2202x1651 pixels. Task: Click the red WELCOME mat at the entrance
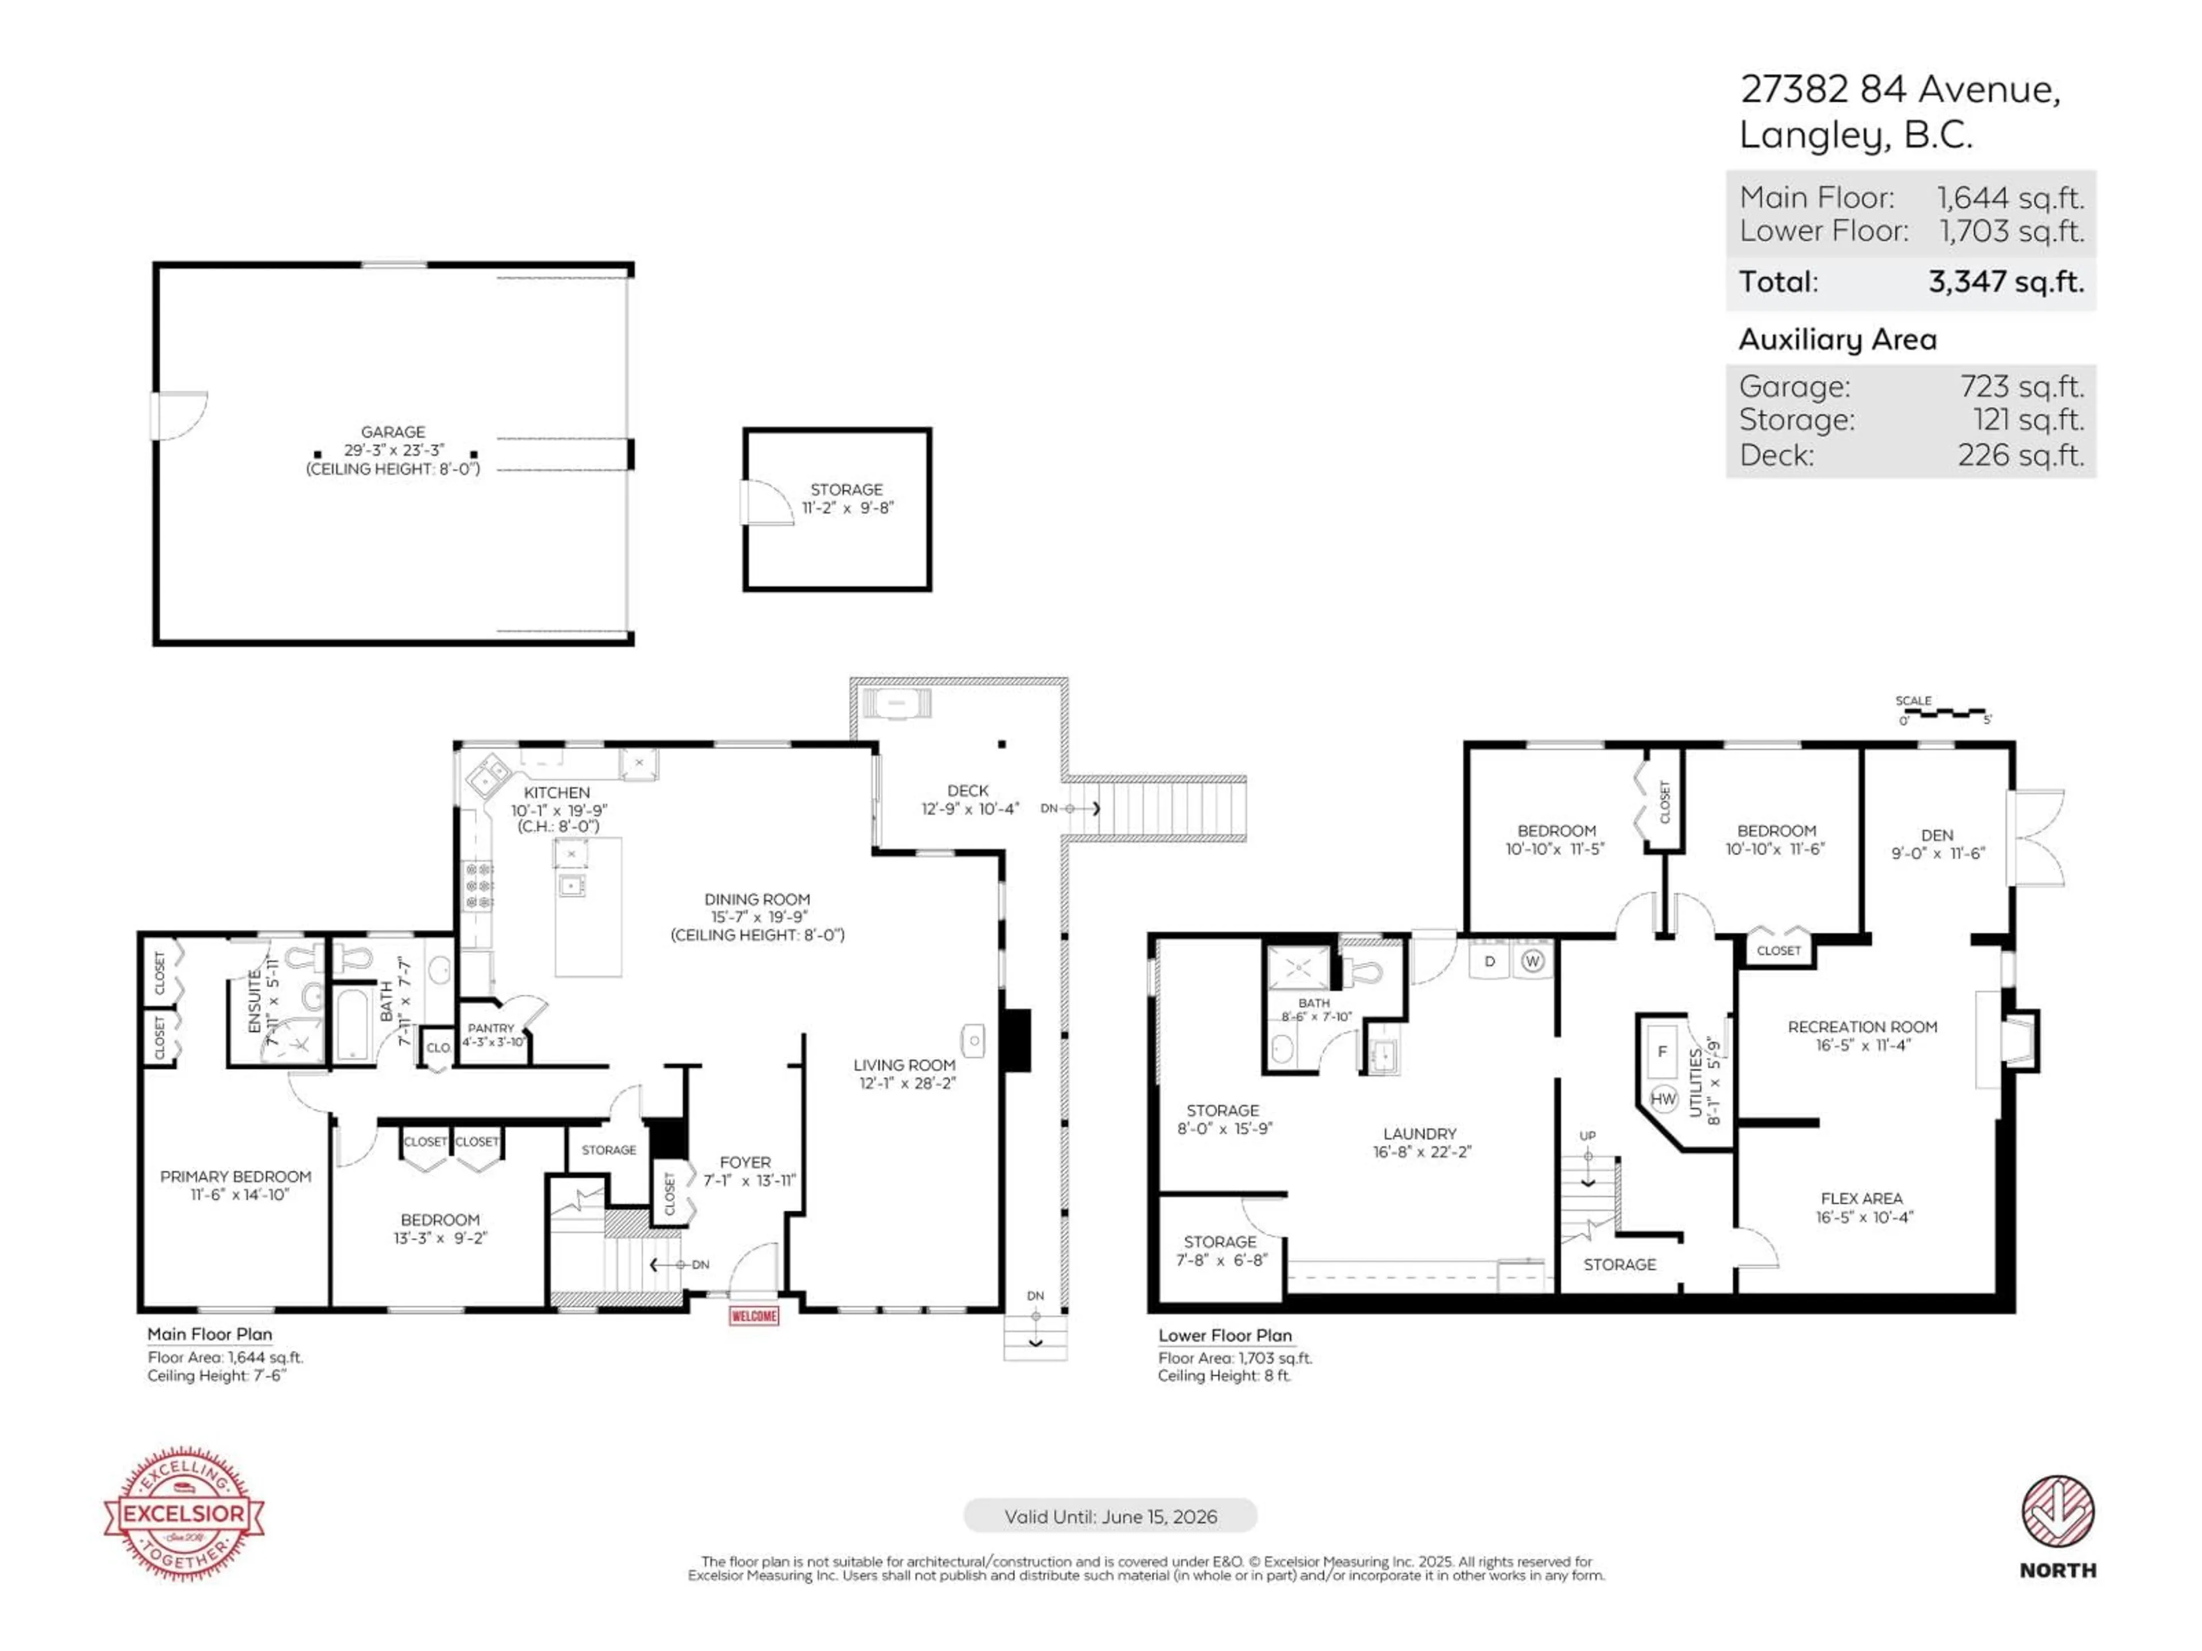[x=753, y=1316]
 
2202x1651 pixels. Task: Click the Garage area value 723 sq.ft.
[x=2021, y=386]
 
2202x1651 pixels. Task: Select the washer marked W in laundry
[x=1532, y=961]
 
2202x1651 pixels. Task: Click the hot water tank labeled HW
[x=1662, y=1099]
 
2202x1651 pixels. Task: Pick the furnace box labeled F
[x=1661, y=1052]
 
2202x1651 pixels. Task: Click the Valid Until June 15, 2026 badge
[x=1110, y=1517]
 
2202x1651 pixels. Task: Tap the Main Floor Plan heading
[x=209, y=1335]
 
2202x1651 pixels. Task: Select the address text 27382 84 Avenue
[x=1899, y=89]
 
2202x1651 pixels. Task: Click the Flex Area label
[x=1861, y=1199]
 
